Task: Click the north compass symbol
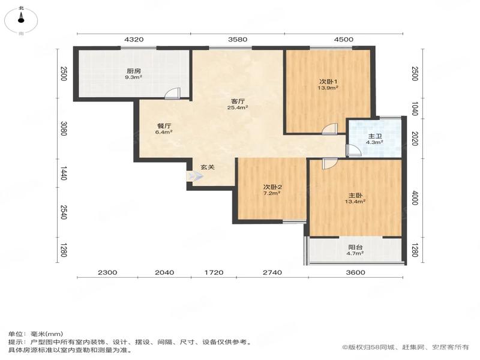(21, 20)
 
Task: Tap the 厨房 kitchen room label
(134, 71)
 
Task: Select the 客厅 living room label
(238, 101)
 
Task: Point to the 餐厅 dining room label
(164, 126)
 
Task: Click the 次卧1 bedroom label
(328, 82)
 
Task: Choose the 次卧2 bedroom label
(272, 187)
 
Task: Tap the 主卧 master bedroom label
(355, 195)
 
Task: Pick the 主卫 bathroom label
(374, 136)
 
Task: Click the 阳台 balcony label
(355, 247)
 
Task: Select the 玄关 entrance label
(207, 167)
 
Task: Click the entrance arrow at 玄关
(194, 176)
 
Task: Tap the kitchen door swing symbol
(172, 94)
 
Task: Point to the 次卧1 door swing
(330, 128)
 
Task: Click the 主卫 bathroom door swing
(353, 151)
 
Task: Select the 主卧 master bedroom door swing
(329, 163)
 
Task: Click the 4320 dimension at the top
(133, 40)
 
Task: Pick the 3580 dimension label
(238, 40)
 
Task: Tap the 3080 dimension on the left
(64, 128)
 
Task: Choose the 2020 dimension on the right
(415, 139)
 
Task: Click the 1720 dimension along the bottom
(214, 272)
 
